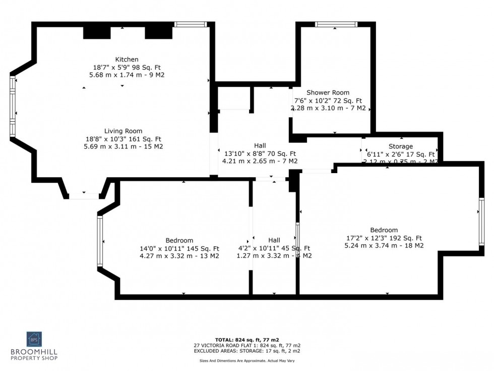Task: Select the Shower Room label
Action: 328,92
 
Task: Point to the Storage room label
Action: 400,146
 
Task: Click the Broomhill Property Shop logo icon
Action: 34,339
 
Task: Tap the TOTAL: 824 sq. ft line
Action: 246,340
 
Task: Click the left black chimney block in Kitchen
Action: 97,32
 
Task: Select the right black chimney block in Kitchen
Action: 159,32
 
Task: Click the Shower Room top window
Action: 336,24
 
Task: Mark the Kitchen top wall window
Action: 191,24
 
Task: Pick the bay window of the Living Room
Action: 12,106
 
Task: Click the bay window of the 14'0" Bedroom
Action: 100,241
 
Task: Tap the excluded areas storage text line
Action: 246,351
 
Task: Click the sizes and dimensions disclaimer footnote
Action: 246,361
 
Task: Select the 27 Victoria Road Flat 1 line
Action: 246,345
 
